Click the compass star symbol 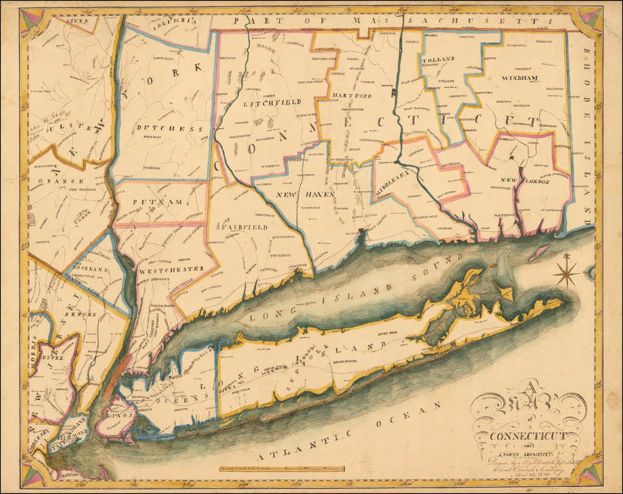tap(567, 274)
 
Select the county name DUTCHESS tap(169, 129)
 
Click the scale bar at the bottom tap(282, 468)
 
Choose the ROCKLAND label tap(89, 269)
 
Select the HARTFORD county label tap(351, 96)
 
